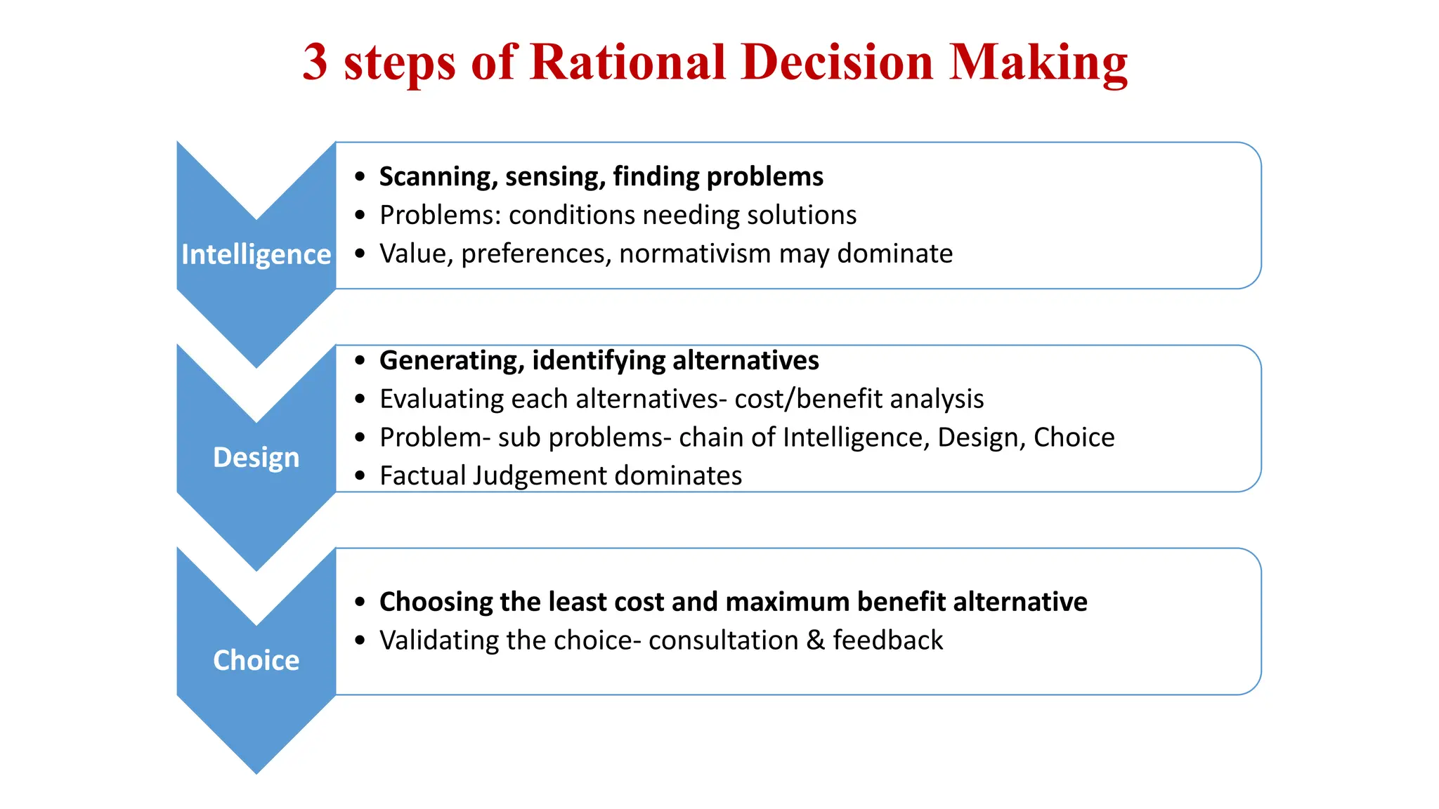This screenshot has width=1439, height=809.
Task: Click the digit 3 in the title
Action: (315, 62)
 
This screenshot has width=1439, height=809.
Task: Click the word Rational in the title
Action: (627, 62)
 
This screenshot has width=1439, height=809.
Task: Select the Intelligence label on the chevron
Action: (256, 254)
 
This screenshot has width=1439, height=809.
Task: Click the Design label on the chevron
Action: (256, 457)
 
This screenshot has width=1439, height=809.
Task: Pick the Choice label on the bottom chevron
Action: (256, 660)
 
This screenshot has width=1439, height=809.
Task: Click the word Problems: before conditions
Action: (440, 215)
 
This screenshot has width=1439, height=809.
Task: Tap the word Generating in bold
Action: (451, 361)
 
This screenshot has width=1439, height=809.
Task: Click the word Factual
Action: (422, 475)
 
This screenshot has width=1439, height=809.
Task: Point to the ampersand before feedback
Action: (815, 640)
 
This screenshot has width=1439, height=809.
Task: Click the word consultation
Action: (723, 640)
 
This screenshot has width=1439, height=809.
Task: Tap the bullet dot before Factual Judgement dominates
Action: (360, 476)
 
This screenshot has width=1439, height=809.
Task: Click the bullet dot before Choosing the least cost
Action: (360, 602)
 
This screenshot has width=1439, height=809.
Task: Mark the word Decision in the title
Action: (836, 62)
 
